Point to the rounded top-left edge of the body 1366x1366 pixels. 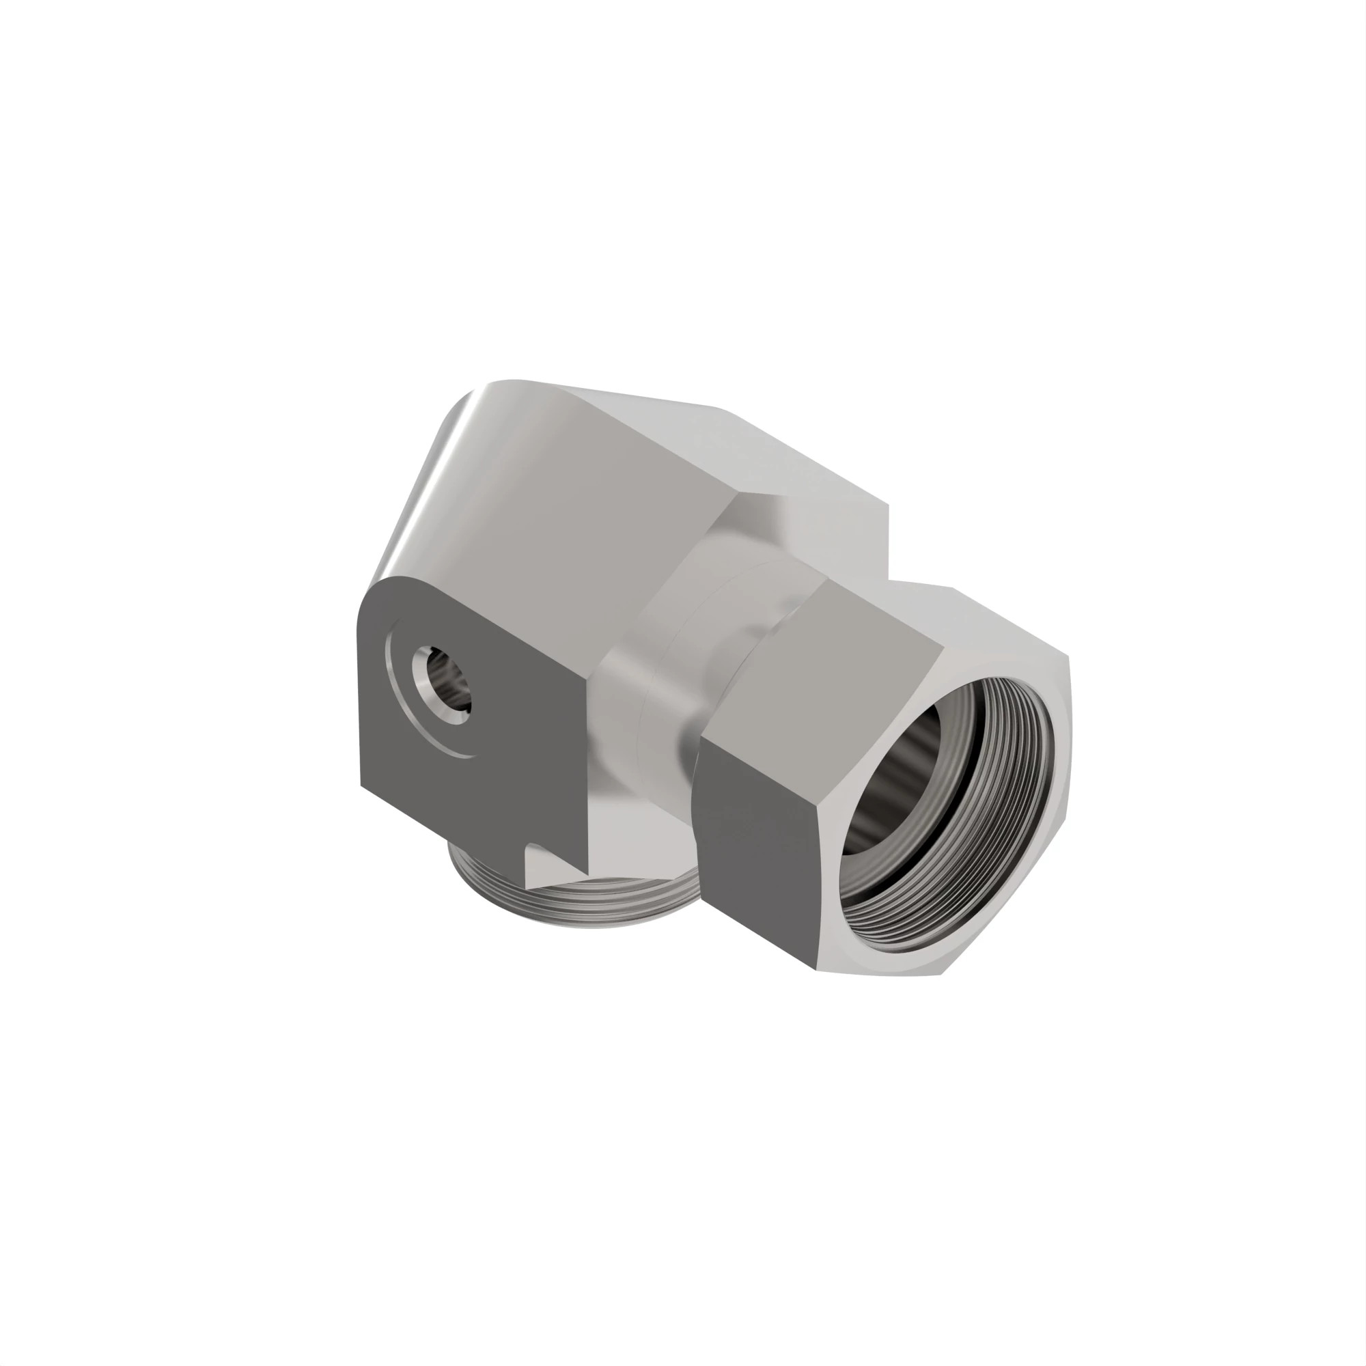click(x=438, y=453)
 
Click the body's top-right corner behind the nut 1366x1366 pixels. click(x=887, y=505)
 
